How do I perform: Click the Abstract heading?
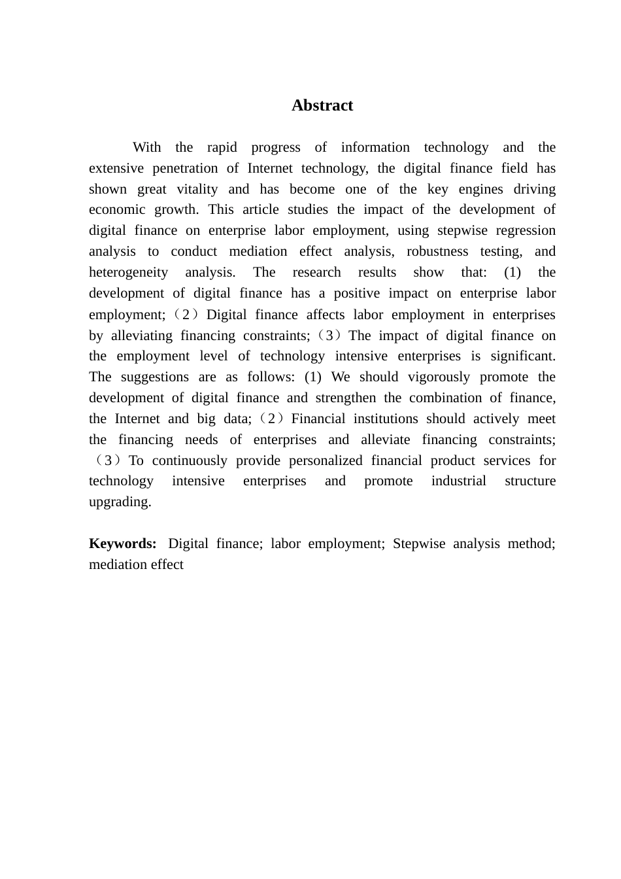coord(322,105)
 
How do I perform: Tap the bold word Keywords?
coord(122,543)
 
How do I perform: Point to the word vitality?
coord(197,189)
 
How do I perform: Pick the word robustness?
coord(437,251)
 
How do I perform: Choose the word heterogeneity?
coord(128,272)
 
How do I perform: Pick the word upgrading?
coord(120,502)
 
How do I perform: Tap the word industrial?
coord(458,481)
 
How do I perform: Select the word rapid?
coord(222,147)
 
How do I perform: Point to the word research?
coord(316,272)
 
